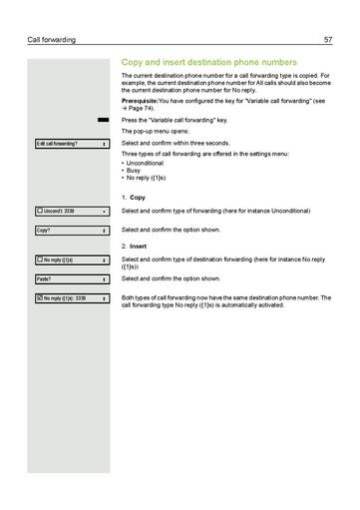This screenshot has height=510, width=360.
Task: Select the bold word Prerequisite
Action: coord(140,101)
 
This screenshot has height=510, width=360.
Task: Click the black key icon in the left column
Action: coord(103,120)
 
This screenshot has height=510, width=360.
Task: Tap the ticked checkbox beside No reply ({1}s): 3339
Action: coord(39,298)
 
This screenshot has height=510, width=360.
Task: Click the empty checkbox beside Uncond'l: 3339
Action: coord(39,212)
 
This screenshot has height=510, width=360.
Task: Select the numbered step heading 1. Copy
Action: coord(134,198)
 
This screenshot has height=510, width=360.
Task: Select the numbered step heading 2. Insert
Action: coord(135,246)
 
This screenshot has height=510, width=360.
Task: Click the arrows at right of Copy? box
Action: coord(104,231)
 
